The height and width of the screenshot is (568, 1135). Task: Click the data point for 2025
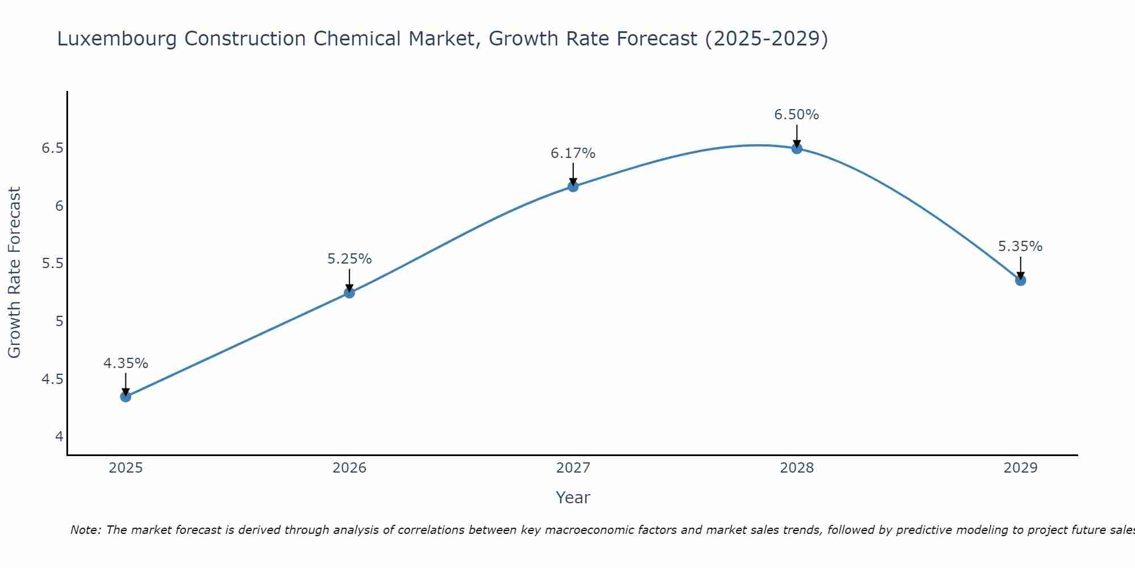tap(125, 396)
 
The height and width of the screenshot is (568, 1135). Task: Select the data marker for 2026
tap(349, 293)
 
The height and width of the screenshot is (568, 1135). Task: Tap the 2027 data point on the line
tap(573, 186)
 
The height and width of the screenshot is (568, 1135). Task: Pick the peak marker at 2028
tap(797, 148)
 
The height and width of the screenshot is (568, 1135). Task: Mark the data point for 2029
tap(1020, 280)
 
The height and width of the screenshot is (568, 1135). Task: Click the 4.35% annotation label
tap(125, 364)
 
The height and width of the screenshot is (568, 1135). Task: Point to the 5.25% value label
tap(349, 259)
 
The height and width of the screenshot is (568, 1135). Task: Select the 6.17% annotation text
tap(573, 153)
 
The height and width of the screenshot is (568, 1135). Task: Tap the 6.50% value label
tap(797, 115)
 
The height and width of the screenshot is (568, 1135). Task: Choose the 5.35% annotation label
tap(1020, 247)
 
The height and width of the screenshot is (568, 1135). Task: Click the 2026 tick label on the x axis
tap(349, 468)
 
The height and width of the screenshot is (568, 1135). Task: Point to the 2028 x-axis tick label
tap(797, 468)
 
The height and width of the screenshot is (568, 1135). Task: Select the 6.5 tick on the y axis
tap(52, 148)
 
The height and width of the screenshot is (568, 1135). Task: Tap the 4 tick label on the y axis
tap(59, 437)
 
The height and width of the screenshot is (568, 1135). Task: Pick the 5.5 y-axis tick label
tap(52, 264)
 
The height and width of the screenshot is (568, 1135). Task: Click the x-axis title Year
tap(573, 498)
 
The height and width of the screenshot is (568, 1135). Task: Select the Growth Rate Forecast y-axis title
tap(14, 273)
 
